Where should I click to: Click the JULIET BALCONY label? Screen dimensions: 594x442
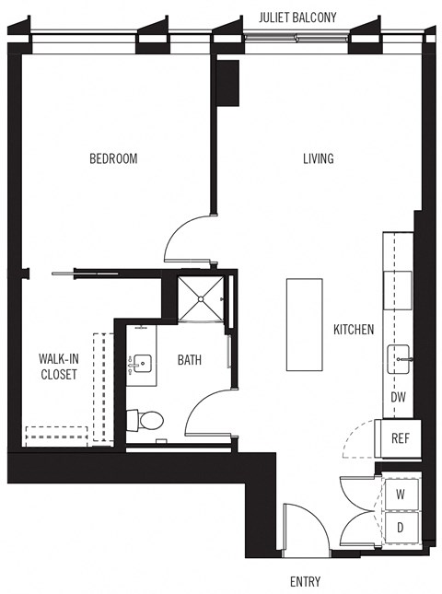[x=297, y=17]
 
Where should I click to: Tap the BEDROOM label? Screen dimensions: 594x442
[x=112, y=158]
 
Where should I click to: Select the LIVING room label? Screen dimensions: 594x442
[x=318, y=158]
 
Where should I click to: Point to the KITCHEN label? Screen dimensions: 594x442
[x=354, y=329]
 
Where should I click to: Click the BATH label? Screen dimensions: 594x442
[x=190, y=360]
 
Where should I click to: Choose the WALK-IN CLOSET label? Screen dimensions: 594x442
[x=57, y=367]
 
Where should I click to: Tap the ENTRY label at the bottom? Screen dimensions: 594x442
[x=305, y=582]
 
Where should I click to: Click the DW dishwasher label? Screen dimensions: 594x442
[x=398, y=397]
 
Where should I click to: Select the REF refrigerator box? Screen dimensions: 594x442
[x=401, y=437]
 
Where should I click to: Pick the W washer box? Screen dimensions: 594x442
[x=401, y=495]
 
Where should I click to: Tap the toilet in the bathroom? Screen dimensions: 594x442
[x=146, y=421]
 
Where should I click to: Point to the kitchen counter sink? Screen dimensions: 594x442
[x=400, y=355]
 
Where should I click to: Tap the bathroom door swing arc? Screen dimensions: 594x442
[x=204, y=413]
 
